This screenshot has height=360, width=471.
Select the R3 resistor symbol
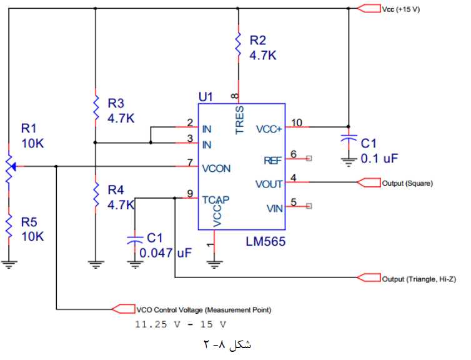tap(95, 107)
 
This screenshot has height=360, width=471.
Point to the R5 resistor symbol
tap(9, 224)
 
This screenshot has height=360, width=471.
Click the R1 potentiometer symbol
tap(9, 166)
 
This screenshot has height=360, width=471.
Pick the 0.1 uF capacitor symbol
tap(348, 141)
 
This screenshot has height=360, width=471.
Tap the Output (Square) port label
tap(407, 183)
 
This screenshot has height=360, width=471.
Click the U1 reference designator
tap(206, 97)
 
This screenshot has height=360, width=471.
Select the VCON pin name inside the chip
tap(216, 167)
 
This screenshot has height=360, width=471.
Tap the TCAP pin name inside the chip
tap(216, 199)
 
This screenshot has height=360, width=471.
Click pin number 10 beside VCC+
tap(296, 122)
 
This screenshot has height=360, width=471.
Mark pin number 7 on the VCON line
tap(189, 163)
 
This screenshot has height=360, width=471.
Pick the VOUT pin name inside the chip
tap(269, 184)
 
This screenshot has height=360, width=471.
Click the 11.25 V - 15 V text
tap(181, 325)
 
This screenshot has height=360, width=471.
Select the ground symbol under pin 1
tap(214, 264)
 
